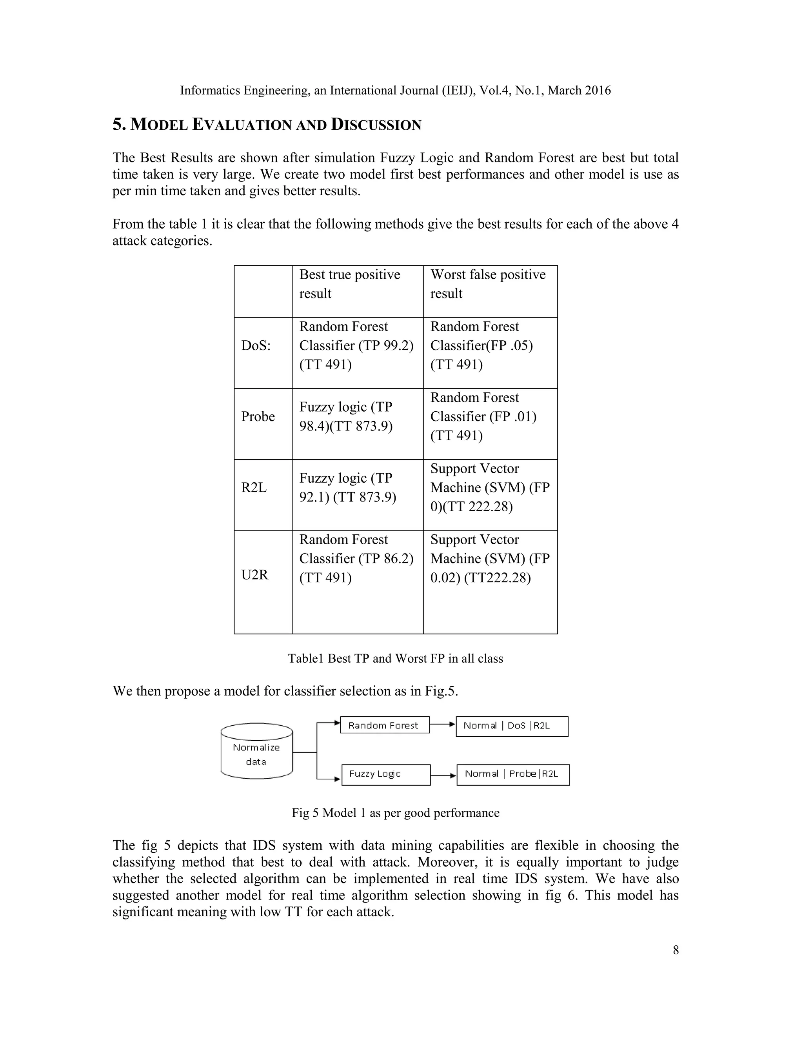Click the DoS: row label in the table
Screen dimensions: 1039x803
coord(256,346)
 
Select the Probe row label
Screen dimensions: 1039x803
coord(258,417)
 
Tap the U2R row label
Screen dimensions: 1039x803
coord(255,575)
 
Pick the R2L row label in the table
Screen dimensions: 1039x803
coord(254,488)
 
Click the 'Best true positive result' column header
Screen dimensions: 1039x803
coord(350,284)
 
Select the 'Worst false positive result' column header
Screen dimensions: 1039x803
coord(488,284)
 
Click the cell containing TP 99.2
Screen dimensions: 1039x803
coord(356,346)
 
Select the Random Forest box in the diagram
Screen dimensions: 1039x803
coord(384,725)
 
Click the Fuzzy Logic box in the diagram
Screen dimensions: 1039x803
coord(386,774)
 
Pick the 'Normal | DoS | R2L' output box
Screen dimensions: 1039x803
coord(512,726)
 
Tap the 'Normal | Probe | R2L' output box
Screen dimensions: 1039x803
coord(513,774)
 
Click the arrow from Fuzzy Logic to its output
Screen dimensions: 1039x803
coord(443,776)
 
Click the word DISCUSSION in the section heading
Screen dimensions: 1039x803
coord(376,125)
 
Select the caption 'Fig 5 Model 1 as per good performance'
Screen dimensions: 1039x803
coord(395,813)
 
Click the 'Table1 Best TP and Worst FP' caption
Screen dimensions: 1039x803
coord(395,659)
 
